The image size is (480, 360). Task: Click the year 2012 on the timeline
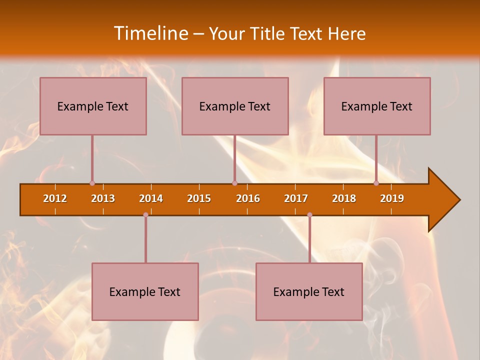coord(55,198)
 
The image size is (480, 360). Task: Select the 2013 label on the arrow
coord(103,198)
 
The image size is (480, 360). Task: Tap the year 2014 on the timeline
coord(151,198)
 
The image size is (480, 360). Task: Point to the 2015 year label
coord(199,198)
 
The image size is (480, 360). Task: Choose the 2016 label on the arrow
coord(248,198)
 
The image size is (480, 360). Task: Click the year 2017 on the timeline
coord(296,198)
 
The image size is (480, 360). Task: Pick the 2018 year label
coord(344,198)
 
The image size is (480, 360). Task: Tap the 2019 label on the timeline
coord(392,198)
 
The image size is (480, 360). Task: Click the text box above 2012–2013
coord(93,106)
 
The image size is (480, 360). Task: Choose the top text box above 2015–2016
coord(235,106)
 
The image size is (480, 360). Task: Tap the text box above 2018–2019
coord(377,106)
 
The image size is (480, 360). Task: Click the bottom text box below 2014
coord(145,291)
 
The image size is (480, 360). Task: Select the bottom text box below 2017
coord(309,291)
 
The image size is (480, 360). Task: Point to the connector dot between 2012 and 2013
coord(92,183)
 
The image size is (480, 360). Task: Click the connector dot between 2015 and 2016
coord(234,183)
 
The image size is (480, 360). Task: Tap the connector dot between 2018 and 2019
coord(376,183)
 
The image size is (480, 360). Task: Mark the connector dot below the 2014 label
coord(145,215)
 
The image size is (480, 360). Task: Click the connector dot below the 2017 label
coord(309,215)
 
